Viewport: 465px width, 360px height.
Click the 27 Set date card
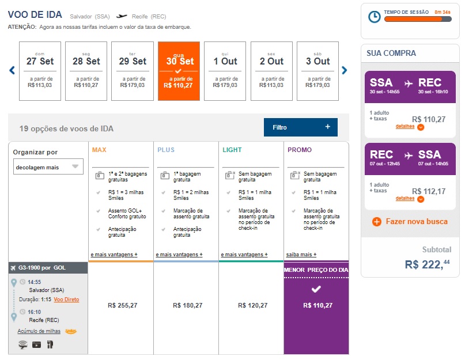coord(40,71)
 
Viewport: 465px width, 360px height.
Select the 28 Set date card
coord(86,71)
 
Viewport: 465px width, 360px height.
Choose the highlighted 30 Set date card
coord(179,71)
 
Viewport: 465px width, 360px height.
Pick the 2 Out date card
coord(271,71)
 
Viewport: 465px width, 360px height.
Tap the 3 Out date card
coord(317,71)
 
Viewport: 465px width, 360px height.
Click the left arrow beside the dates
coord(12,70)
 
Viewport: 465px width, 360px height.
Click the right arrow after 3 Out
coord(345,70)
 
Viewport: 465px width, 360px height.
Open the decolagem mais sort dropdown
coord(48,167)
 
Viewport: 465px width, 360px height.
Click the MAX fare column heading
coord(99,150)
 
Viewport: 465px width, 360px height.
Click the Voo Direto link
coord(66,300)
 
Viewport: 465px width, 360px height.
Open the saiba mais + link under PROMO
coord(301,255)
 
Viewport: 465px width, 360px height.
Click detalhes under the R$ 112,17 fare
coord(405,199)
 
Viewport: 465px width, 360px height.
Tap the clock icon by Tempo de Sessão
coord(374,17)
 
